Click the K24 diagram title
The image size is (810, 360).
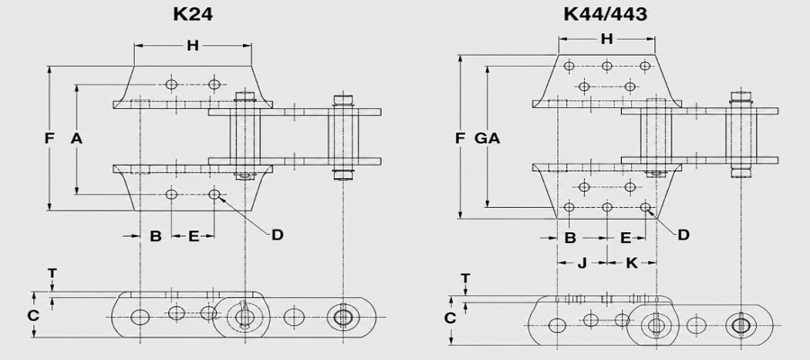pyautogui.click(x=193, y=13)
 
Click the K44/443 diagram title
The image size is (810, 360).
pyautogui.click(x=605, y=13)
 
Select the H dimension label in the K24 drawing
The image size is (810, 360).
pyautogui.click(x=193, y=46)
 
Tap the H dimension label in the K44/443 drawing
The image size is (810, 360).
pyautogui.click(x=607, y=39)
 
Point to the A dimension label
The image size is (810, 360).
pyautogui.click(x=76, y=139)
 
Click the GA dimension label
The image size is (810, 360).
pyautogui.click(x=487, y=139)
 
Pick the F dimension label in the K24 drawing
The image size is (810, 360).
pyautogui.click(x=49, y=139)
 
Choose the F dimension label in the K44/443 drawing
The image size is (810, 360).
pyautogui.click(x=460, y=139)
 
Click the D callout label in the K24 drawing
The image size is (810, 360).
pyautogui.click(x=277, y=235)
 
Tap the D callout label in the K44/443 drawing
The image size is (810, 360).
pyautogui.click(x=683, y=235)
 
